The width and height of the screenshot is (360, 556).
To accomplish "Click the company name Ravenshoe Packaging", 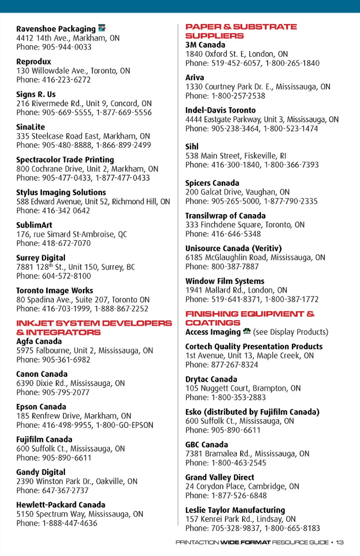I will pos(56,29).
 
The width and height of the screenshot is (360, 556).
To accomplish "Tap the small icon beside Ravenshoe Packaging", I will pos(102,28).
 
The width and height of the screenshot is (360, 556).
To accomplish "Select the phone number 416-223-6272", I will pos(66,80).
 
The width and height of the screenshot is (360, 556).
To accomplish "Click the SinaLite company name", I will pos(30,127).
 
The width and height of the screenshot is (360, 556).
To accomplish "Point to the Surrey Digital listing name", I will pos(40,258).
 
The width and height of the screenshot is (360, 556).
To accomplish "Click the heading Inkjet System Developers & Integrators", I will pos(94,328).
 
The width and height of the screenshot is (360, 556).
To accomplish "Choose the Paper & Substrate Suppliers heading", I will pos(241,31).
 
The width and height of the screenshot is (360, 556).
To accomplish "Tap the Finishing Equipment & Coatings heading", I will pos(250,318).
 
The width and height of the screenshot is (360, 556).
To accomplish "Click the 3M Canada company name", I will pos(205,45).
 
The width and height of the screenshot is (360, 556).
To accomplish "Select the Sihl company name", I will pos(192,147).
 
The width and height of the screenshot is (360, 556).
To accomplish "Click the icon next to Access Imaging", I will pos(246,331).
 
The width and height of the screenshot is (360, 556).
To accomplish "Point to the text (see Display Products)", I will pos(291,332).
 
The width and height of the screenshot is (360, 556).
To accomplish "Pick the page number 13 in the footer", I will pos(340,542).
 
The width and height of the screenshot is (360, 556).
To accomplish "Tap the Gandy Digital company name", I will pos(40,472).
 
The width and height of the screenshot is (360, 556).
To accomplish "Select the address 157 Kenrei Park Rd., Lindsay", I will pos(240,519).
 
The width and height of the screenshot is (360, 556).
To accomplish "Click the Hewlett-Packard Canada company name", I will pos(60,505).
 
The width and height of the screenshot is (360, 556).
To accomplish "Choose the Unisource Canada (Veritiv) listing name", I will pos(233,248).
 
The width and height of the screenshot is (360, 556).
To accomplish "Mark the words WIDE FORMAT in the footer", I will pos(245,542).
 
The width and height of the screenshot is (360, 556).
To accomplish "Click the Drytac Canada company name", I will pos(211,379).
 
